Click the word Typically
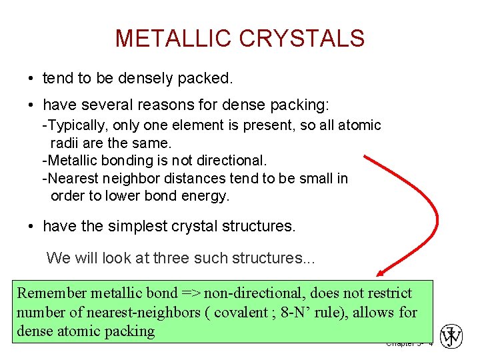pos(75,125)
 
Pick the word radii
pos(66,143)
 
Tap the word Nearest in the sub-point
pos(70,179)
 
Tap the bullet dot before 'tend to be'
pos(31,79)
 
